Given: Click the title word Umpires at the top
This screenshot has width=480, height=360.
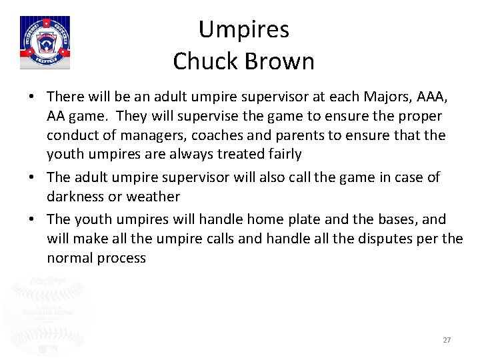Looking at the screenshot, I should pyautogui.click(x=243, y=30).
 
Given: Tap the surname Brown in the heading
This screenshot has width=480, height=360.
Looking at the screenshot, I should pyautogui.click(x=280, y=61).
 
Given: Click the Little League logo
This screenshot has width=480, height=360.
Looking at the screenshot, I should pyautogui.click(x=45, y=43).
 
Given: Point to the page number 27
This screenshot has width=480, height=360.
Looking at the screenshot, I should pyautogui.click(x=447, y=340).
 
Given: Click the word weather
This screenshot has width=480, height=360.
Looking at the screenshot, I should pyautogui.click(x=154, y=197).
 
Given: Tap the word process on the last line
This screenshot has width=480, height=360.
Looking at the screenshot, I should pyautogui.click(x=121, y=257).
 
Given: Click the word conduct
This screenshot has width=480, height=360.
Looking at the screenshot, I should pyautogui.click(x=71, y=135).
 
